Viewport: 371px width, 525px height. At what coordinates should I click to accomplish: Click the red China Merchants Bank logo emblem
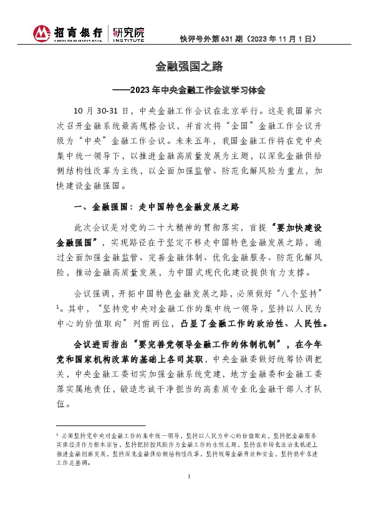(42, 34)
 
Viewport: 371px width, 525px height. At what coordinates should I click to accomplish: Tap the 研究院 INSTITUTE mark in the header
(128, 34)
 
